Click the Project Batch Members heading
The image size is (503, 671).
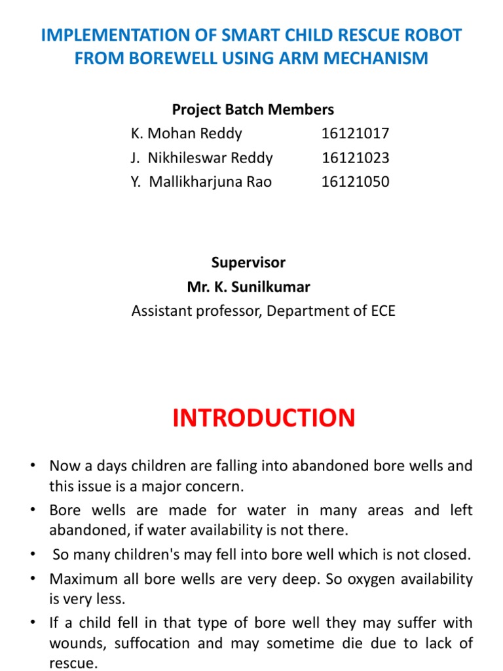pyautogui.click(x=253, y=109)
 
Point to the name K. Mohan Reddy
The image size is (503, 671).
pyautogui.click(x=187, y=134)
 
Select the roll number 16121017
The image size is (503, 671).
pyautogui.click(x=355, y=134)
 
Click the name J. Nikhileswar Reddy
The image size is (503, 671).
pyautogui.click(x=202, y=158)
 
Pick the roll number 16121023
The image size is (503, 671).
pyautogui.click(x=355, y=158)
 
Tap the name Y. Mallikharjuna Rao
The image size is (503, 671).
pyautogui.click(x=201, y=182)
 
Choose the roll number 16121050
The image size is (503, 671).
pyautogui.click(x=355, y=182)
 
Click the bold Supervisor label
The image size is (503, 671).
pyautogui.click(x=248, y=263)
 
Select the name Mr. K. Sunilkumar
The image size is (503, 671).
pyautogui.click(x=249, y=287)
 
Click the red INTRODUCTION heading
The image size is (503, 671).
pyautogui.click(x=264, y=417)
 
